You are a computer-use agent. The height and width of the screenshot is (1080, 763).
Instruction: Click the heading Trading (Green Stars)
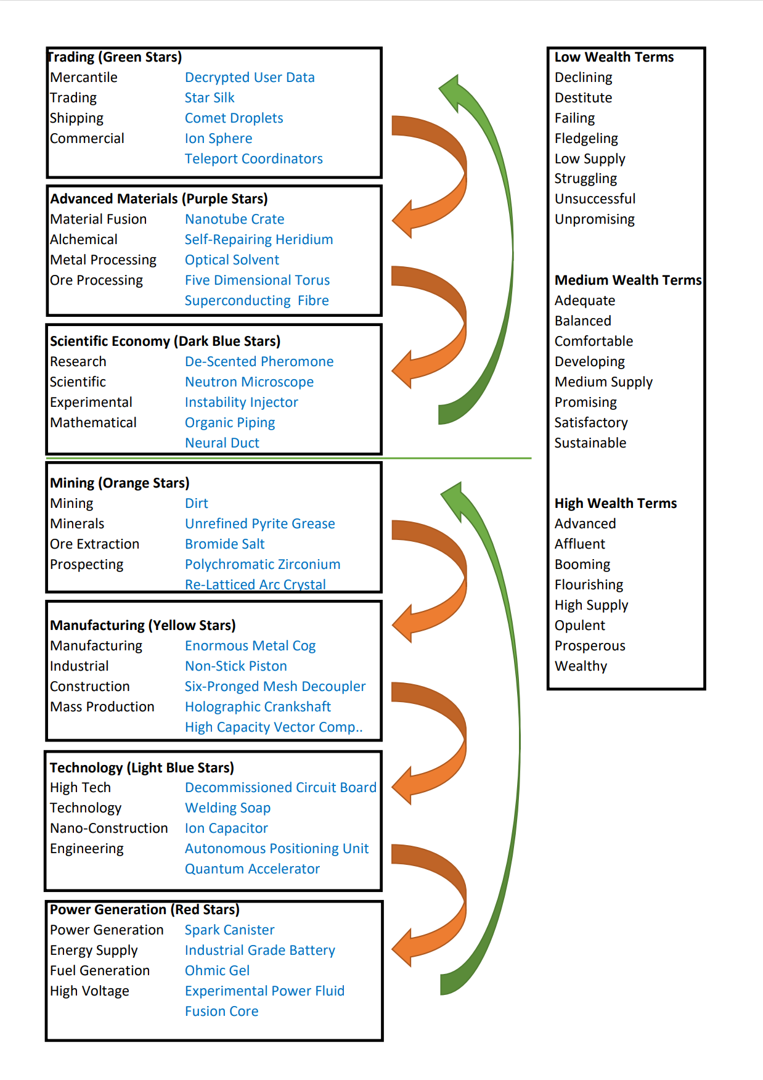tap(115, 57)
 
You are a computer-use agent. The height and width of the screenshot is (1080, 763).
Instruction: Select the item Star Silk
tap(210, 98)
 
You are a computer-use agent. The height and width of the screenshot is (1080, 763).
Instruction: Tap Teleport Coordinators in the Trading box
tap(253, 159)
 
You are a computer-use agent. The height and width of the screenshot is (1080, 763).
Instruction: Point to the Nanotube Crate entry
tap(234, 219)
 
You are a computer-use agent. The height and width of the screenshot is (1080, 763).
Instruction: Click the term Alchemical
tap(84, 240)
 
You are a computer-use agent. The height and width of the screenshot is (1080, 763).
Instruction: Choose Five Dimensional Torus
tap(257, 280)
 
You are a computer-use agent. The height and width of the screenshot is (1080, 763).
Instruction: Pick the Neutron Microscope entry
tap(249, 382)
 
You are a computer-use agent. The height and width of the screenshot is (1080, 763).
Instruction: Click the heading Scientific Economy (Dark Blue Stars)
tap(165, 342)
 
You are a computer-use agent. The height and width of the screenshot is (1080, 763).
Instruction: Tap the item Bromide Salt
tap(224, 544)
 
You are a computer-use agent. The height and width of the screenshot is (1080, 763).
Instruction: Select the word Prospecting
tap(87, 565)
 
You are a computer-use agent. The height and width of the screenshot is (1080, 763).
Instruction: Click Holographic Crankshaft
tap(258, 707)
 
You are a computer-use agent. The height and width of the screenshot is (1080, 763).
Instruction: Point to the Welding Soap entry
tap(227, 808)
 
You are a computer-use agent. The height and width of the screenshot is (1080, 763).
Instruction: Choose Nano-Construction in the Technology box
tap(109, 828)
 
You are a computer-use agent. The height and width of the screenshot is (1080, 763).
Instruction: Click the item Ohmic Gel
tap(217, 971)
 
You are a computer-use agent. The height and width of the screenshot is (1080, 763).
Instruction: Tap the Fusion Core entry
tap(221, 1012)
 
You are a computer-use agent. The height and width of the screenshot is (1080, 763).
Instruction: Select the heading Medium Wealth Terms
tap(628, 280)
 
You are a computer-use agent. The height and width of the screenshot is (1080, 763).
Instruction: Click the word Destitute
tap(583, 98)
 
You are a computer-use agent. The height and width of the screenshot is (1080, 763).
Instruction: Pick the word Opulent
tap(579, 626)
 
